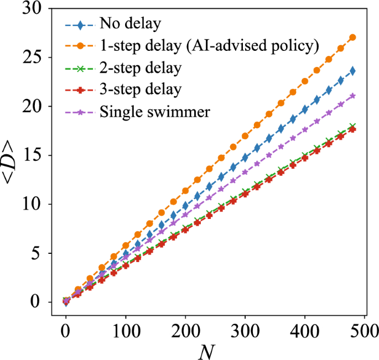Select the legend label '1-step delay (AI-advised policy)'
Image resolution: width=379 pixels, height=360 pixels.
click(x=209, y=46)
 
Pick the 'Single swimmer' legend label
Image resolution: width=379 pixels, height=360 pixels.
click(x=154, y=111)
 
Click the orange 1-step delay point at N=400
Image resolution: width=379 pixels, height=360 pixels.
click(x=305, y=81)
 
